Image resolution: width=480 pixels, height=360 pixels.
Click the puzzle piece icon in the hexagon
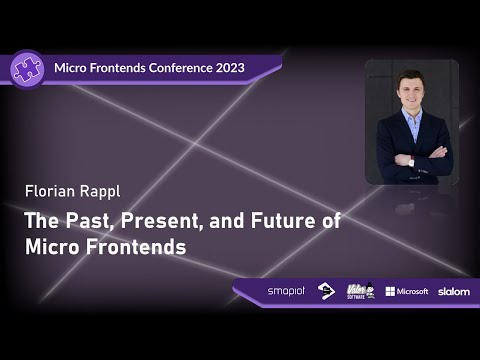coord(26,67)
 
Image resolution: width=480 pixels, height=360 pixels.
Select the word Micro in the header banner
coord(74,68)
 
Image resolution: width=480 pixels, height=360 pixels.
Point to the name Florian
coord(50,189)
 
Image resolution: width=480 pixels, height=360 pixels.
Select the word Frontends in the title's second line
coord(136,247)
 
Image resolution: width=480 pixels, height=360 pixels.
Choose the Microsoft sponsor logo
coord(407,291)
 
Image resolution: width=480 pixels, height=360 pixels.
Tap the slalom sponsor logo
coord(453,291)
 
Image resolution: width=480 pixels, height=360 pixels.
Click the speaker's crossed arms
coord(412,159)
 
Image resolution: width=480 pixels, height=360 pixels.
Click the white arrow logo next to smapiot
coord(326,291)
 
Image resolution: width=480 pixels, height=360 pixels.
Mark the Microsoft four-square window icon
coord(390,291)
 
